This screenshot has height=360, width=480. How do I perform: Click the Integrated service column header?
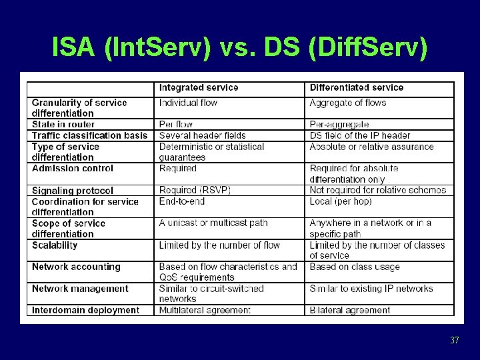pyautogui.click(x=199, y=87)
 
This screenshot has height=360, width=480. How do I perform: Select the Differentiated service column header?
pyautogui.click(x=357, y=87)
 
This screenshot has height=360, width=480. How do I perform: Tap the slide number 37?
pyautogui.click(x=455, y=341)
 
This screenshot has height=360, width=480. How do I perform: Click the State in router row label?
pyautogui.click(x=63, y=124)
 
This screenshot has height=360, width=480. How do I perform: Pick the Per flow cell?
pyautogui.click(x=176, y=124)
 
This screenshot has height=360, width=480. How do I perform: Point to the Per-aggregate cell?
pyautogui.click(x=339, y=124)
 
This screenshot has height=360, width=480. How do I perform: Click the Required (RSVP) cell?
pyautogui.click(x=195, y=190)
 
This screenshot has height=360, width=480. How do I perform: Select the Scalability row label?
pyautogui.click(x=55, y=245)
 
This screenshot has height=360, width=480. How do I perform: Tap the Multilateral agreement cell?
pyautogui.click(x=205, y=310)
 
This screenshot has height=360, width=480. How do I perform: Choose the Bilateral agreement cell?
pyautogui.click(x=350, y=310)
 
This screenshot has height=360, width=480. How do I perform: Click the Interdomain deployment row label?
pyautogui.click(x=85, y=310)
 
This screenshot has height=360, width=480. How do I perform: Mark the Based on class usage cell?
pyautogui.click(x=355, y=267)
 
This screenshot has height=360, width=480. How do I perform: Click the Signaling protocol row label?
pyautogui.click(x=73, y=191)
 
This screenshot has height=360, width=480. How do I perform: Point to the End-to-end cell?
pyautogui.click(x=181, y=201)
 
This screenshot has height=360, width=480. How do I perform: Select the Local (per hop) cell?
pyautogui.click(x=341, y=201)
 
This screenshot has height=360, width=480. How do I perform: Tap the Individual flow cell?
pyautogui.click(x=188, y=103)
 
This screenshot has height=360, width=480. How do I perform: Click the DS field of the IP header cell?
pyautogui.click(x=360, y=135)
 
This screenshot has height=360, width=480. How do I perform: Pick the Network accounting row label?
pyautogui.click(x=76, y=267)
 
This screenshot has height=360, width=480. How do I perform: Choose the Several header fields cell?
pyautogui.click(x=203, y=135)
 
